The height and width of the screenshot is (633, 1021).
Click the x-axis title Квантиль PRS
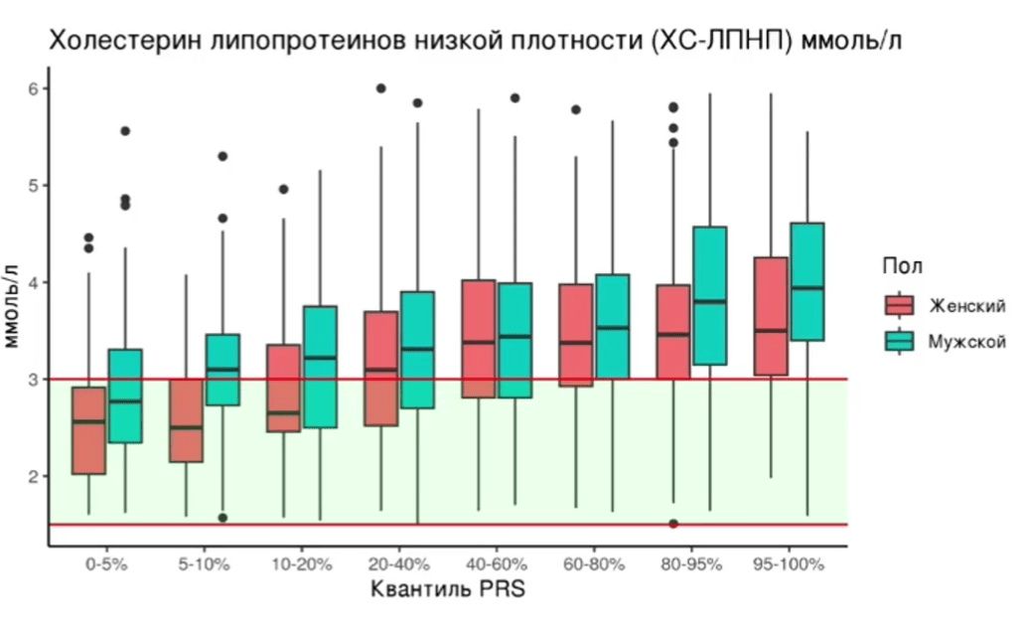tap(447, 589)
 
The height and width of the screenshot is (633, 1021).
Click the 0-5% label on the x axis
tap(106, 563)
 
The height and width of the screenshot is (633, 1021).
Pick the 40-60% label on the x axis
tap(496, 563)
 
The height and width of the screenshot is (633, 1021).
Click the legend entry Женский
tap(966, 305)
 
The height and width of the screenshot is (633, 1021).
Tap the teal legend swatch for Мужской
tap(899, 341)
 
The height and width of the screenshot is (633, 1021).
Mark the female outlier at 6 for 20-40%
tap(381, 88)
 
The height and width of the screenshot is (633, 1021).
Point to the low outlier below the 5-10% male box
tap(222, 518)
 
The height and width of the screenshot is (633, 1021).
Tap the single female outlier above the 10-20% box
tap(283, 189)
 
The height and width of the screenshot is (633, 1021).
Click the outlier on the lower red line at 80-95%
tap(673, 524)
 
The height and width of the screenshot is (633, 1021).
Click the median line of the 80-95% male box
tap(709, 301)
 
